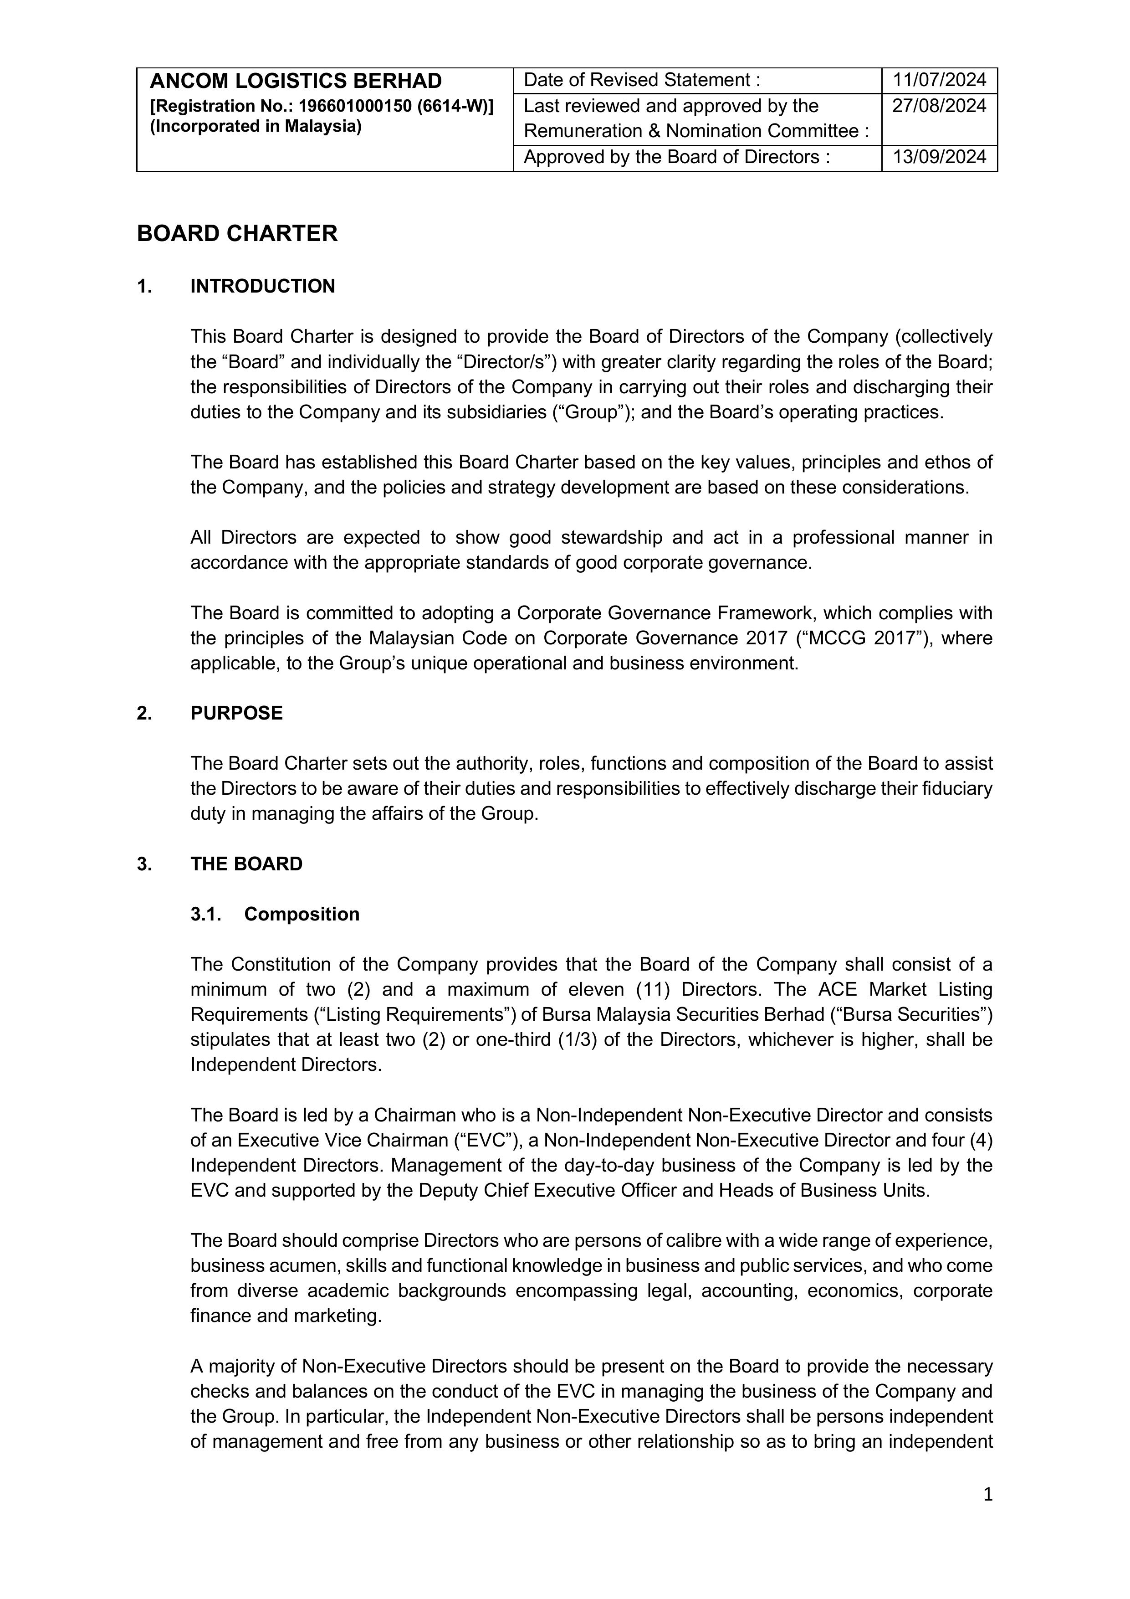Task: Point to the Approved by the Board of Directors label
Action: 676,157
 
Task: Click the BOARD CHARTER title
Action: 237,233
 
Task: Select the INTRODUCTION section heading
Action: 262,286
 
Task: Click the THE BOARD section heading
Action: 246,864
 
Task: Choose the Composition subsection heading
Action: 302,915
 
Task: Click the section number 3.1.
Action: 205,915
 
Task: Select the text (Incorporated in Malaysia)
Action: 256,127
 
